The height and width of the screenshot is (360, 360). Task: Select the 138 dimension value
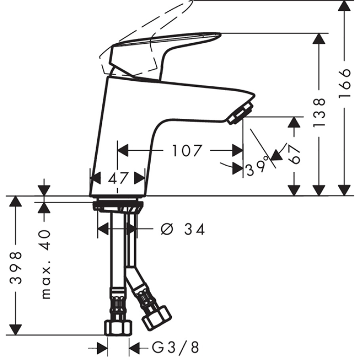319,113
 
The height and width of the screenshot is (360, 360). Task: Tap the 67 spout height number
294,154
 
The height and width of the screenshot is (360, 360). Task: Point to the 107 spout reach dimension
186,151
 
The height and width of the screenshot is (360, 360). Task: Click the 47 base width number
118,178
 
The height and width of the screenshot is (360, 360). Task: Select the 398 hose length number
16,268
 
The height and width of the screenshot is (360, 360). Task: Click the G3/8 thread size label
175,348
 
